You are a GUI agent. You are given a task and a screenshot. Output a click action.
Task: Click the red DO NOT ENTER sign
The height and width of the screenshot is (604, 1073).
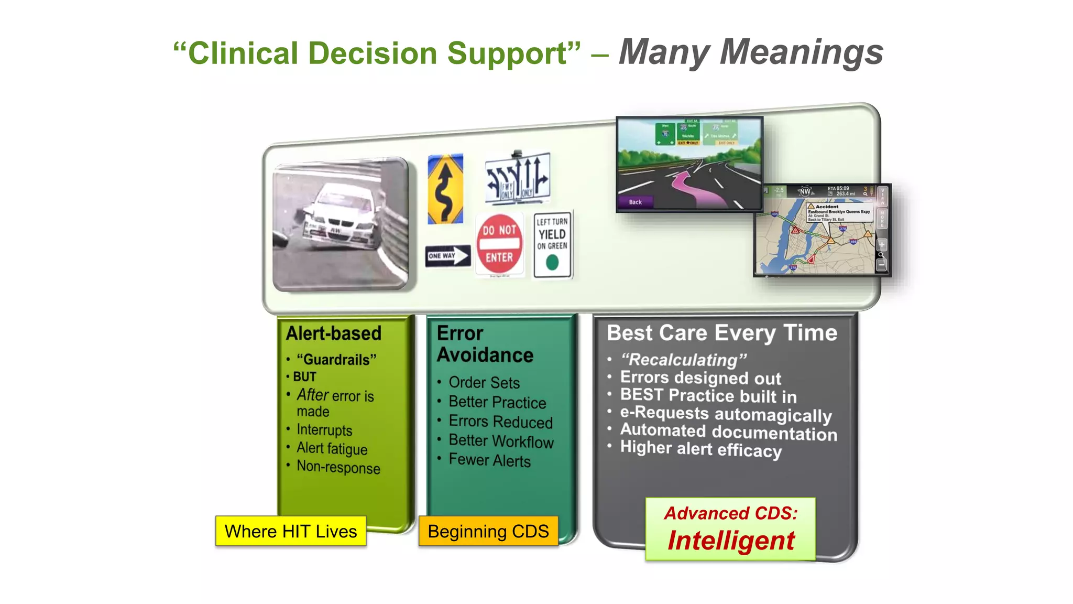click(499, 244)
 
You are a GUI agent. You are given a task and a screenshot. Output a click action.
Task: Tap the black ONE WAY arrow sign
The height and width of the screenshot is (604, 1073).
click(447, 256)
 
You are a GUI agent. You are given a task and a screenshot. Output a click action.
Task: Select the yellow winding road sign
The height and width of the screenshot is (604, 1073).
click(445, 189)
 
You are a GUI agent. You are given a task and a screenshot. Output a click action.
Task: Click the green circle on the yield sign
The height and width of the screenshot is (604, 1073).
click(552, 262)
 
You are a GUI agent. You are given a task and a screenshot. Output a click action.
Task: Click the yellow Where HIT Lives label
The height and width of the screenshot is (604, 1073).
click(291, 531)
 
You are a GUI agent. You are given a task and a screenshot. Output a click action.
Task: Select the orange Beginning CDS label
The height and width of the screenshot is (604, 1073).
click(488, 531)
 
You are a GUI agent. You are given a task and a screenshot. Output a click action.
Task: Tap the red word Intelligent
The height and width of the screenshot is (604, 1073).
click(731, 541)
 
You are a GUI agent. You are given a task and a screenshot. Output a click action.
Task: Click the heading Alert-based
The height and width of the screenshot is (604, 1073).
click(334, 333)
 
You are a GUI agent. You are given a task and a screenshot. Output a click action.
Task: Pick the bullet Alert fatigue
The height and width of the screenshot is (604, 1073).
click(332, 448)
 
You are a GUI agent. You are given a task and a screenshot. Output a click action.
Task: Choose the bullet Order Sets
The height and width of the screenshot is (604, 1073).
click(484, 382)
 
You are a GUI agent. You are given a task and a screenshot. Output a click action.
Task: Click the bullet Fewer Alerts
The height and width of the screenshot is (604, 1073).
click(489, 460)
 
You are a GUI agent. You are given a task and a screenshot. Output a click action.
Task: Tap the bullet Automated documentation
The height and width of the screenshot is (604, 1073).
click(728, 432)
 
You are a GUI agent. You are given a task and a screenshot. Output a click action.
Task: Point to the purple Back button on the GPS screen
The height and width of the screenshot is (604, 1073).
click(635, 202)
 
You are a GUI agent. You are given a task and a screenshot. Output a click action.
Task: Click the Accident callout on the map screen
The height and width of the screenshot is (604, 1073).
click(838, 212)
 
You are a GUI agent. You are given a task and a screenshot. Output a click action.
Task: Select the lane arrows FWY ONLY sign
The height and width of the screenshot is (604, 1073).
click(518, 178)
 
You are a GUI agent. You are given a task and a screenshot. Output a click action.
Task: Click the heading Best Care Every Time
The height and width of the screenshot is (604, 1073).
click(722, 333)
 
